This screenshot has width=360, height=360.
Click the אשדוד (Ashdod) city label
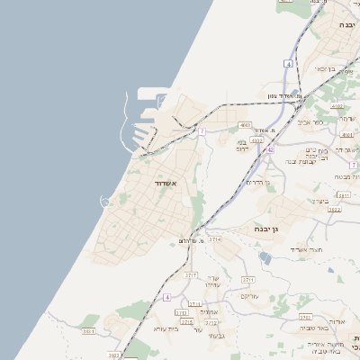click(162, 184)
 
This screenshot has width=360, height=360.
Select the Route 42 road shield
click(269, 150)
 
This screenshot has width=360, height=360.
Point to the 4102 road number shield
click(338, 106)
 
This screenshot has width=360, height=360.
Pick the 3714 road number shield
click(215, 239)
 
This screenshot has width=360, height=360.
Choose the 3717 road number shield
click(191, 274)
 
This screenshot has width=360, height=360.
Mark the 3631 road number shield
click(88, 332)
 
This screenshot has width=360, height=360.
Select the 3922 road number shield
click(333, 209)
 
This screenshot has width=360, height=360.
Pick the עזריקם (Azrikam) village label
click(248, 296)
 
